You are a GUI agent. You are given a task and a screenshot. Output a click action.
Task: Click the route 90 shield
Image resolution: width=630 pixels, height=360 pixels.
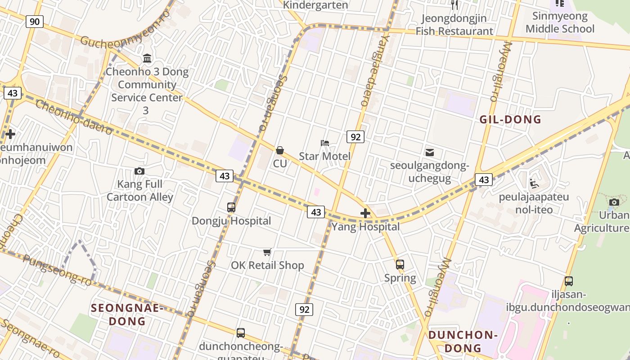34,21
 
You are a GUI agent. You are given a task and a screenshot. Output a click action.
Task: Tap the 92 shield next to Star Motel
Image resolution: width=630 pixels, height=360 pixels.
355,137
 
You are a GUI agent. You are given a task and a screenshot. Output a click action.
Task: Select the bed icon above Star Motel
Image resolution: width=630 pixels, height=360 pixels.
325,143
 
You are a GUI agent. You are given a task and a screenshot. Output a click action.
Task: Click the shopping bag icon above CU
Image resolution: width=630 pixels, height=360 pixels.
280,150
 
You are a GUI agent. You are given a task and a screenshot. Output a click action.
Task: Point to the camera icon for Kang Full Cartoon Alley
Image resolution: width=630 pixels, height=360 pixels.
139,171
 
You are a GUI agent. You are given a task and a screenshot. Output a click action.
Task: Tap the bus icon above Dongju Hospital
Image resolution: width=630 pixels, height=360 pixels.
231,207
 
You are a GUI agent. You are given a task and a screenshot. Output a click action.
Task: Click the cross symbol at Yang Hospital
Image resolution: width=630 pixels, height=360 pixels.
365,213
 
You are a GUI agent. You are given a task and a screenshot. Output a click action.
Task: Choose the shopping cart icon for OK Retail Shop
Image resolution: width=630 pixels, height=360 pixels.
267,252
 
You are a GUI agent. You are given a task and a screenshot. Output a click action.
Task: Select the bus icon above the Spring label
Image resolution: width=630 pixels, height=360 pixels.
400,265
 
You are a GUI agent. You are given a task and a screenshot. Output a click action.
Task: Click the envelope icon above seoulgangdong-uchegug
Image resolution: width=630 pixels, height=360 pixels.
430,153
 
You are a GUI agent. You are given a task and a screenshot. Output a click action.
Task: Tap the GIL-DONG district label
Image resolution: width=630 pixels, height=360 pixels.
510,120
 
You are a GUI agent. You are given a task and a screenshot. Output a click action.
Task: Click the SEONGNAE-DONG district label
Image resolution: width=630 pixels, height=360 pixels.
128,315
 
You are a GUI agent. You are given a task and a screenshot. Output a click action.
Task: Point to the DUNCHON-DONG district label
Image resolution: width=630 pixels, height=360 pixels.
463,342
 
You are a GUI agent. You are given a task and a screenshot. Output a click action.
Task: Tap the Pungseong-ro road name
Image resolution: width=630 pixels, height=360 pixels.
57,270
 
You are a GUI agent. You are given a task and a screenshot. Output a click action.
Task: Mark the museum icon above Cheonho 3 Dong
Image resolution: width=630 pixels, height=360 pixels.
147,58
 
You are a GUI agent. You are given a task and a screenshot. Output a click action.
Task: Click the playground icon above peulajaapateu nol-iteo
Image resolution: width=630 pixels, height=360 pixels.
534,184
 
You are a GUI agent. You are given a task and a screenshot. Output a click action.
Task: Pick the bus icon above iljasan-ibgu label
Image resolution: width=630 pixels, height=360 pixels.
569,281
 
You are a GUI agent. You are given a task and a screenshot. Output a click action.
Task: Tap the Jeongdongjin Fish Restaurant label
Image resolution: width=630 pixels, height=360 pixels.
454,25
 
